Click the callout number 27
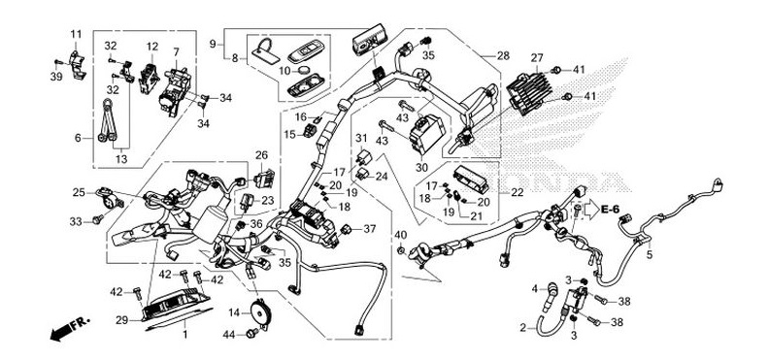pos(538,58)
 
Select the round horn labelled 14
pos(258,311)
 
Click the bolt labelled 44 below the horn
pos(252,333)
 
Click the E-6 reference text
pos(610,210)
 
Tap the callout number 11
pos(76,34)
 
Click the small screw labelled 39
pos(59,63)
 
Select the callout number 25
pos(79,192)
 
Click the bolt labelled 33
pos(98,219)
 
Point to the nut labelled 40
pos(400,250)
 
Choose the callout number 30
pos(421,168)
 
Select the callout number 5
pos(650,254)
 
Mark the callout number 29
pos(122,320)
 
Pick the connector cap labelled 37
pos(346,229)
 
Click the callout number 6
pos(78,138)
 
